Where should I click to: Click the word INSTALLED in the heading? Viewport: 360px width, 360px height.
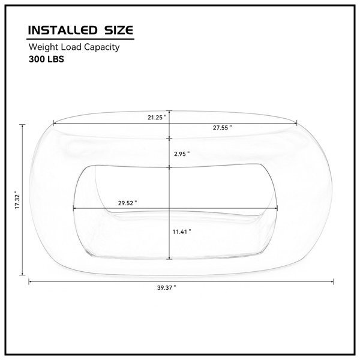[x=62, y=31]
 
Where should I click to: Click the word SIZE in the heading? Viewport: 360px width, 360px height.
[x=119, y=31]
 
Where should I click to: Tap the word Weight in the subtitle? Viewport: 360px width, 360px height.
[x=44, y=47]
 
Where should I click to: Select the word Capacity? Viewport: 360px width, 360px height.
[x=102, y=47]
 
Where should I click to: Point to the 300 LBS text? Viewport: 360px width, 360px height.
[x=46, y=59]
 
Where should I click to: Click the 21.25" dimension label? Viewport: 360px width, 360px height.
[x=157, y=118]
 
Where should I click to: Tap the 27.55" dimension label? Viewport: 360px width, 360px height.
[x=222, y=128]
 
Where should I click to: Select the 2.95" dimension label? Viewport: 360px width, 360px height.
[x=182, y=154]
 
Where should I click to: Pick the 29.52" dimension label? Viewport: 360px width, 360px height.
[x=127, y=203]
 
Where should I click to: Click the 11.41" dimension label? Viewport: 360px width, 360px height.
[x=182, y=232]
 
